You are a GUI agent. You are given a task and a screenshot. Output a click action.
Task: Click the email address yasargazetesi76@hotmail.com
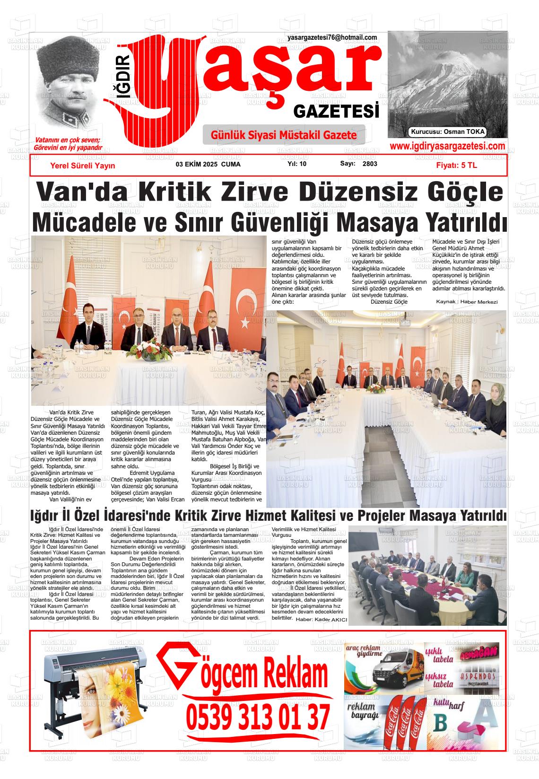click(x=332, y=38)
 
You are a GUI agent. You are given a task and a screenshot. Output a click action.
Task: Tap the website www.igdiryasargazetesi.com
click(x=447, y=146)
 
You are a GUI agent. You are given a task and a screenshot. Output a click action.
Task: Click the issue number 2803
click(x=370, y=164)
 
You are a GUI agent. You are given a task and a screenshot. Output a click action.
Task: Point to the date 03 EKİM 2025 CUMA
click(x=208, y=165)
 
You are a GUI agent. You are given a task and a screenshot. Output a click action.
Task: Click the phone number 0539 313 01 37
click(x=258, y=718)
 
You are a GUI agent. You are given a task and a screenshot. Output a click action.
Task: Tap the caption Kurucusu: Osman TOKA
click(x=448, y=132)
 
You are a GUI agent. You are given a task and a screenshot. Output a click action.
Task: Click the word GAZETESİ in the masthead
click(x=336, y=112)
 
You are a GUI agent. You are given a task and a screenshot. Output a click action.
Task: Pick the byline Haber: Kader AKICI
click(x=321, y=620)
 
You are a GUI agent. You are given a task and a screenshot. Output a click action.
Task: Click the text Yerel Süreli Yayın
click(x=83, y=166)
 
